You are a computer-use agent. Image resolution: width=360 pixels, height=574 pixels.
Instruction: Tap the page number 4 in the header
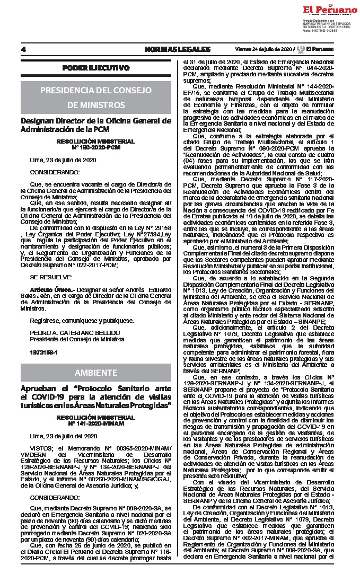point(24,50)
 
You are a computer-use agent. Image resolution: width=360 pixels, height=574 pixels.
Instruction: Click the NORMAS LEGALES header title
point(178,50)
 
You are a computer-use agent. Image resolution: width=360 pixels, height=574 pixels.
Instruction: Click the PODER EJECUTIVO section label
point(95,68)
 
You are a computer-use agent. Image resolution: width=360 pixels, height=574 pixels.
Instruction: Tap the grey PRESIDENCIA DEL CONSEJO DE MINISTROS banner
point(95,97)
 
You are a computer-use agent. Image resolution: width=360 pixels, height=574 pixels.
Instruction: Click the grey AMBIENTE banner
point(95,372)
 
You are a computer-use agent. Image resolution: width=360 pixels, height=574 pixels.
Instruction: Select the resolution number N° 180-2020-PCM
point(95,146)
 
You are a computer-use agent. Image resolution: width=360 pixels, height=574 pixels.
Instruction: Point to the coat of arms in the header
point(301,50)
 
